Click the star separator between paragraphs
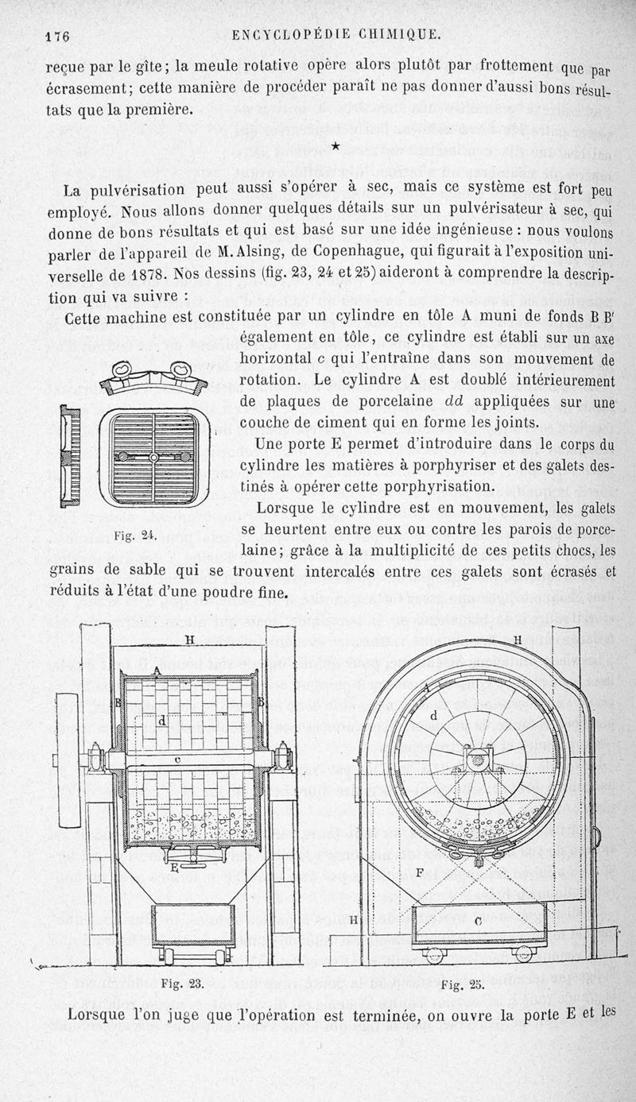(336, 145)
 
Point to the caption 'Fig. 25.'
(462, 985)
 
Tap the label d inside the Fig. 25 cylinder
(433, 715)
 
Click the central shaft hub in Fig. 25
(478, 760)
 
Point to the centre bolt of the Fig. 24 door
(153, 457)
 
